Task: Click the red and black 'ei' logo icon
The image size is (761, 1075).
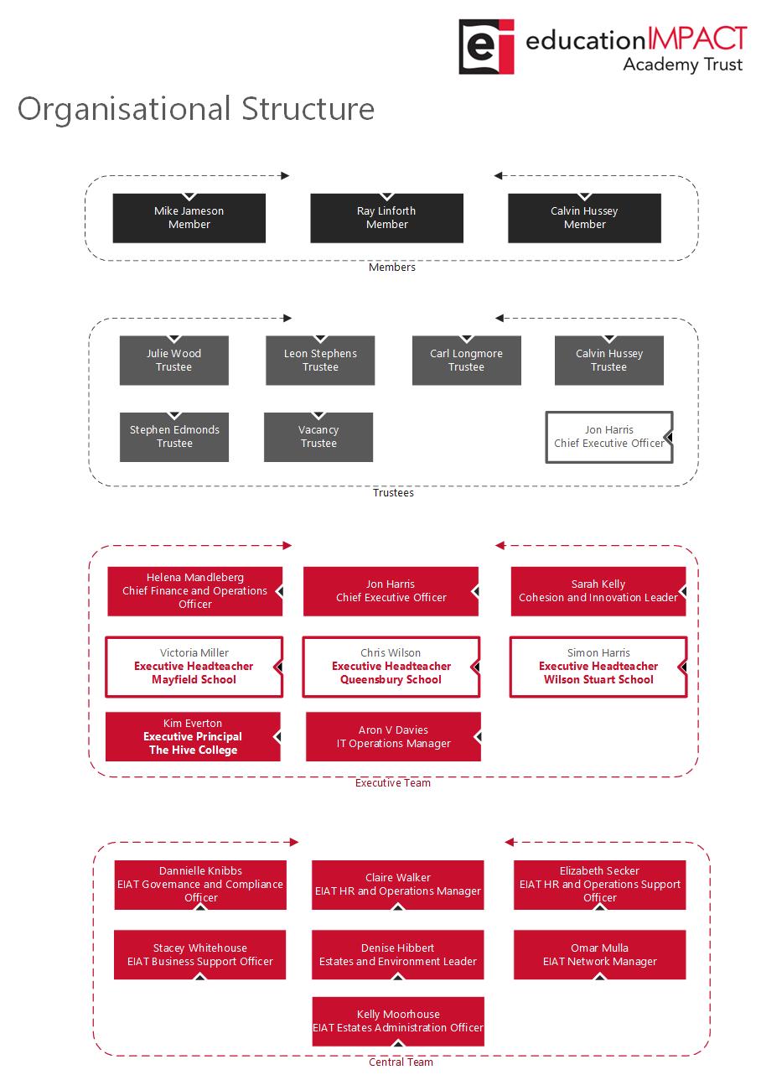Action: click(x=486, y=47)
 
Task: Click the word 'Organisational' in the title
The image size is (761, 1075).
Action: click(x=124, y=110)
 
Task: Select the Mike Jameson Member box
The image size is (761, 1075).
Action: click(x=189, y=218)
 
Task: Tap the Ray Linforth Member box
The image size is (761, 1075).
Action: click(x=386, y=218)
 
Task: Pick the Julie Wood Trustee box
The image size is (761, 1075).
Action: click(x=174, y=360)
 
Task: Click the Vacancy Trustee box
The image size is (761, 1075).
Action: click(x=318, y=437)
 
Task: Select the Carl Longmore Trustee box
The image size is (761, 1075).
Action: click(x=467, y=360)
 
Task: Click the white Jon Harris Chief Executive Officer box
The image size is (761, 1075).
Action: click(x=609, y=437)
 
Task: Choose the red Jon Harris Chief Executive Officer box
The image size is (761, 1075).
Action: click(x=391, y=591)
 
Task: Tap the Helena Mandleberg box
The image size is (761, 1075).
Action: click(x=194, y=591)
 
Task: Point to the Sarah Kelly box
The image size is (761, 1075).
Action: click(x=598, y=591)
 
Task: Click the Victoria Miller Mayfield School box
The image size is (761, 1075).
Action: click(x=194, y=667)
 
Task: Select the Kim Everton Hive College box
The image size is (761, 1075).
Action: click(x=193, y=737)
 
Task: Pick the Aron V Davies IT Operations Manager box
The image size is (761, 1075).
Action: click(x=393, y=737)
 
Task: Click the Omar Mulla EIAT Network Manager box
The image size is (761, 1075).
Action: click(x=600, y=954)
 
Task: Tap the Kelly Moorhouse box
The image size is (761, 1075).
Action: click(x=398, y=1021)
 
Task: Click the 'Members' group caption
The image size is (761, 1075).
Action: click(x=391, y=267)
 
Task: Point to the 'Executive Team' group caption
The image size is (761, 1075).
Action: click(x=393, y=782)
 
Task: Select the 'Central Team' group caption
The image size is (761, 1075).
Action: click(x=401, y=1062)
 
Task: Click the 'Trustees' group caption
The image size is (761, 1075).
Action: click(x=393, y=493)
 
